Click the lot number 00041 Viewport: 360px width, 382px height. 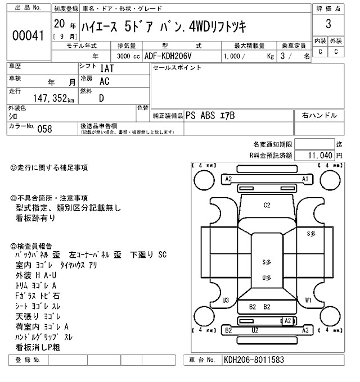(28, 36)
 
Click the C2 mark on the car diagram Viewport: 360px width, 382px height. (267, 206)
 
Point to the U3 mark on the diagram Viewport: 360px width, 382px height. (226, 299)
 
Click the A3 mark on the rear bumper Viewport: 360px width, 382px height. (305, 330)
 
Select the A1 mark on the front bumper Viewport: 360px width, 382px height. (305, 179)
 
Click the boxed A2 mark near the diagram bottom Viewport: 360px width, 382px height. (288, 320)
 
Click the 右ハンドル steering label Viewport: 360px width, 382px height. (319, 115)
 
